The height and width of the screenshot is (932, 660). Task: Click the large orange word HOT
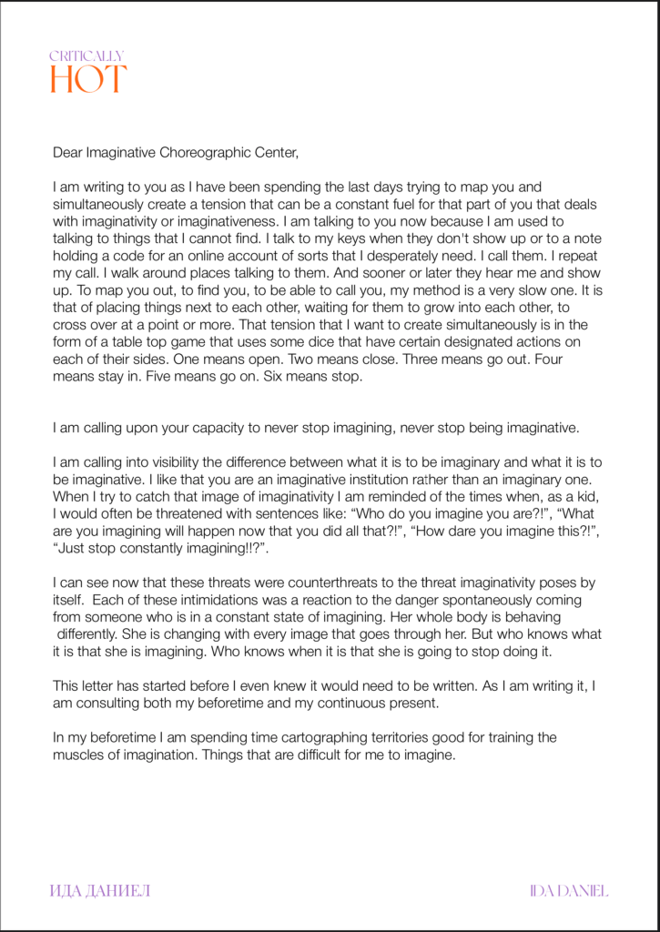click(x=88, y=79)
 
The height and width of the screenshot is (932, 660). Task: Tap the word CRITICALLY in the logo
click(x=86, y=56)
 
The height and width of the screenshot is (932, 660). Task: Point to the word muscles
click(x=79, y=754)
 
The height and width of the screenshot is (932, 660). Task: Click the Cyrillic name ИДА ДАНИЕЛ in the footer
click(x=99, y=890)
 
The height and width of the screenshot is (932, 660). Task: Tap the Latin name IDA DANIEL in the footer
click(x=568, y=890)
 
